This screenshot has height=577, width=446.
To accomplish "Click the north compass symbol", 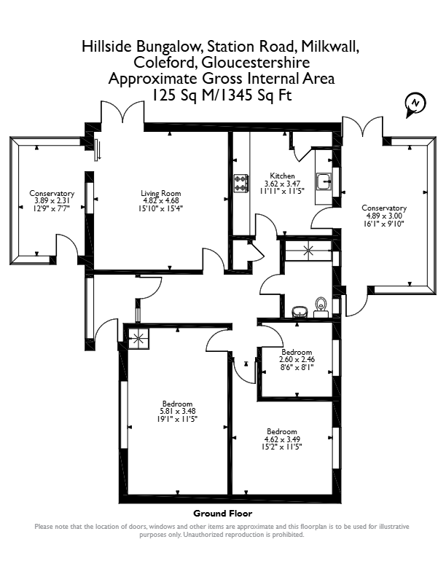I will [415, 105].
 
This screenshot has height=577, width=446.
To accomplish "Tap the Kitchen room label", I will [282, 176].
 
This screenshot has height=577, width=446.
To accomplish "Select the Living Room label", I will [161, 193].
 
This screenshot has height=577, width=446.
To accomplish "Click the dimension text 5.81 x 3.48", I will [177, 412].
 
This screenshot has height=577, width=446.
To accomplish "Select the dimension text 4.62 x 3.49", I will [282, 439].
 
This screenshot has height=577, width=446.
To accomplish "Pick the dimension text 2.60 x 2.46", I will [297, 359].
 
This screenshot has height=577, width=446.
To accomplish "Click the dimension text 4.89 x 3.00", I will [385, 216].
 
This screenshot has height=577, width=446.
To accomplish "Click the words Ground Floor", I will [223, 513].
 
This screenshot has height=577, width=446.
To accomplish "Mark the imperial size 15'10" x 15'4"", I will [161, 208].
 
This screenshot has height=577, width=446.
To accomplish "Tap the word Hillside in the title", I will [106, 47].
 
